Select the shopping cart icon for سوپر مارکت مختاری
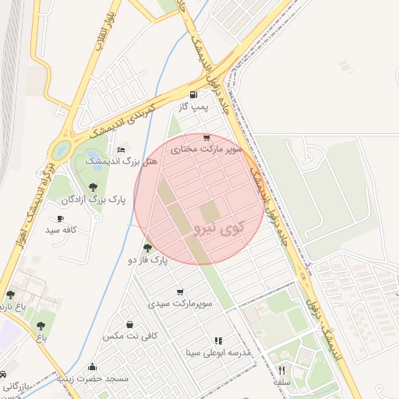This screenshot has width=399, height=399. [207, 137]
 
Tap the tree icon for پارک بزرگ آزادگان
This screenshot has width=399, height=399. [94, 186]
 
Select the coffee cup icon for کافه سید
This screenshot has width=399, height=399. [61, 219]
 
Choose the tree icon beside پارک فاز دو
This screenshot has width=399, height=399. [147, 248]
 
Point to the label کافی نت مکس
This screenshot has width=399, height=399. [130, 335]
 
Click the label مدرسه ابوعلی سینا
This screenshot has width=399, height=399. [218, 352]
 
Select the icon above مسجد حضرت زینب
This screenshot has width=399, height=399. [93, 367]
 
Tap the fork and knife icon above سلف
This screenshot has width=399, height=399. [282, 370]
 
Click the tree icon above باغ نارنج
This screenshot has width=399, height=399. [11, 295]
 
